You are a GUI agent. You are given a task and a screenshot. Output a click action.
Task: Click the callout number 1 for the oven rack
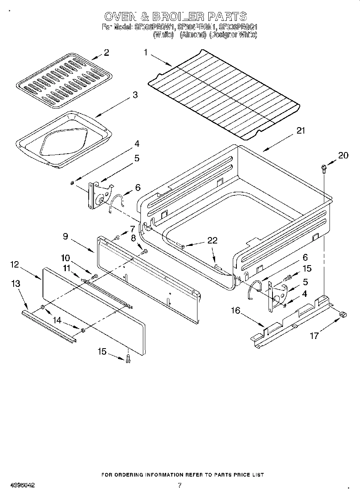click(x=146, y=52)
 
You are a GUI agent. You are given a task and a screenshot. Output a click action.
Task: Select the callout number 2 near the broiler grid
click(x=106, y=53)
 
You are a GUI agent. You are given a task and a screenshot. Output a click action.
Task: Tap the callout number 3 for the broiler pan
click(x=135, y=95)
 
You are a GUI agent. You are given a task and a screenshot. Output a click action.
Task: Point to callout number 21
click(x=301, y=130)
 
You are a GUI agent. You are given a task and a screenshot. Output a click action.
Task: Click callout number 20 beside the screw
click(x=344, y=156)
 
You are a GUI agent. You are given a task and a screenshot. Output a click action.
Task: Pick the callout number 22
click(x=212, y=240)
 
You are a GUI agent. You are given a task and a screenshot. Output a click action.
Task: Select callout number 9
click(x=65, y=236)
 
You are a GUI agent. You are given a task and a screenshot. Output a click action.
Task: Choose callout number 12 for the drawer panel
click(x=14, y=264)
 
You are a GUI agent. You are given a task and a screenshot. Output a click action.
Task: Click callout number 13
click(x=16, y=284)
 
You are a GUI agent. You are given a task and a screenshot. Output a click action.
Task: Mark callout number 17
click(x=314, y=335)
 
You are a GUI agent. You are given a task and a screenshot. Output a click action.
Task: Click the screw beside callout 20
click(x=323, y=168)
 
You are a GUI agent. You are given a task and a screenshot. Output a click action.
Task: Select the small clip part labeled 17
click(x=343, y=314)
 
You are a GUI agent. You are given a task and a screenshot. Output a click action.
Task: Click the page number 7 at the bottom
click(x=180, y=485)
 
